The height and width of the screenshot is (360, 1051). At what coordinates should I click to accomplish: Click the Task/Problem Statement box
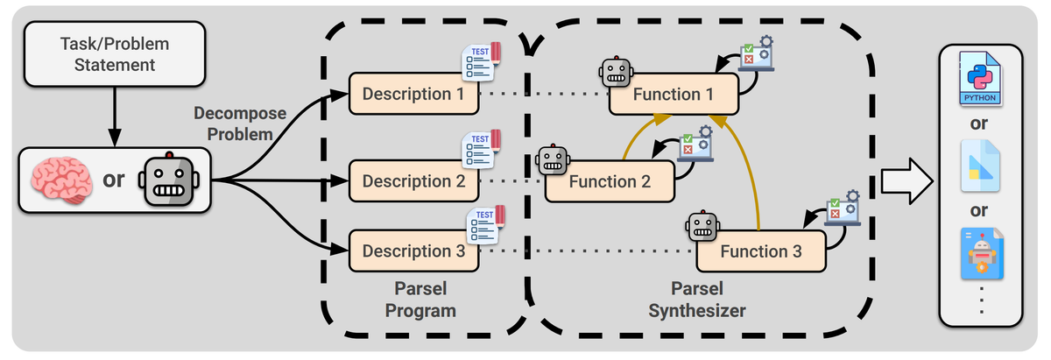[x=115, y=53]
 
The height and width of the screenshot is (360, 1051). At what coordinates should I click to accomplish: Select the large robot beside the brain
[x=170, y=180]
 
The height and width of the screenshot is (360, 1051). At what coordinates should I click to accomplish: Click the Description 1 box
[x=413, y=94]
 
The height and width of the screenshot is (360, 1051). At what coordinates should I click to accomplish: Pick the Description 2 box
[x=413, y=181]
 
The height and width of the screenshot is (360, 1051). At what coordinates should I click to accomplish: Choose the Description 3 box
[x=413, y=251]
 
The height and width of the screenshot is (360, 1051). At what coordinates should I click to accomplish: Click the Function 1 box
[x=674, y=94]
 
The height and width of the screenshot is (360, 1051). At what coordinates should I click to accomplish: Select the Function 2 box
[x=610, y=182]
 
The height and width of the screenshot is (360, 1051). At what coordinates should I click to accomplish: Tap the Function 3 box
[x=761, y=251]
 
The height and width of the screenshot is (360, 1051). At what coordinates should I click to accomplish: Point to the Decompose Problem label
[x=233, y=124]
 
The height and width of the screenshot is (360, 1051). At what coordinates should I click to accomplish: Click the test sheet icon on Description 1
[x=481, y=60]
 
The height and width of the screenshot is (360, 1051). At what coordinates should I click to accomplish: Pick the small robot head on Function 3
[x=703, y=228]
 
